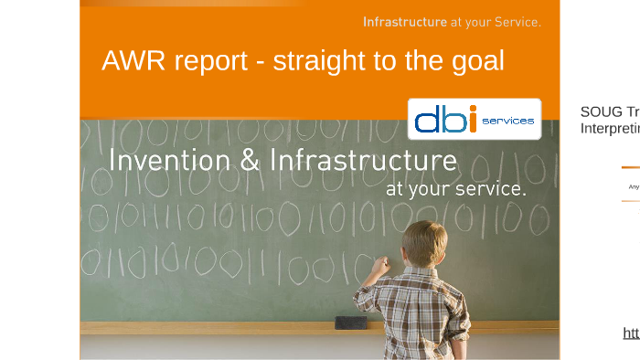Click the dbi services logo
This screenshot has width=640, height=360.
click(474, 119)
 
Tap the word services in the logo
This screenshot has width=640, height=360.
click(507, 121)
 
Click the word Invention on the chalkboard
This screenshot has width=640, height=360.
click(169, 161)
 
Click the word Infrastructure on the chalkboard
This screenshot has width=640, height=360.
click(363, 161)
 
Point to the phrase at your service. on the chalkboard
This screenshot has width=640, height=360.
click(455, 189)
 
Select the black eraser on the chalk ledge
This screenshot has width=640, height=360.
click(349, 323)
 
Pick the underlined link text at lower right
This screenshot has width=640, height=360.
click(631, 333)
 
